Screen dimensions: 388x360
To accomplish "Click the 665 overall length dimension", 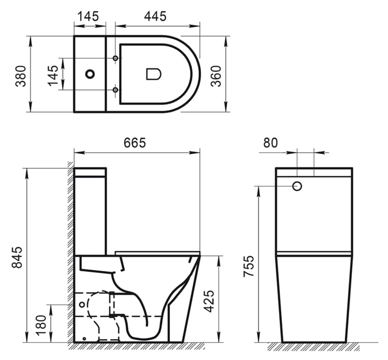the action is pos(135,143).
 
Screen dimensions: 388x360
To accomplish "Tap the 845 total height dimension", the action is pos(17,257).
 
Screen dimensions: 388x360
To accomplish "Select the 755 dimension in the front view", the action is pos(249,266).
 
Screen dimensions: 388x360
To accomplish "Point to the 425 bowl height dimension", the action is pos(209,301).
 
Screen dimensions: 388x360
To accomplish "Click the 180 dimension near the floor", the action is pos(41,325).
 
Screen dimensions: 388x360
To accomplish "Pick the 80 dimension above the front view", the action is pos(270,143).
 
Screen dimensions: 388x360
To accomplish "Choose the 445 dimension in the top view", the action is pos(155,16).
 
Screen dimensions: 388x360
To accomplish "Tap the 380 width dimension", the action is pos(21,76).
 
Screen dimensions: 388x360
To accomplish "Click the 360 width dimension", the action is pos(216,76).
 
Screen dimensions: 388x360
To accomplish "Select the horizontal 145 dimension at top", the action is pos(88,16).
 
